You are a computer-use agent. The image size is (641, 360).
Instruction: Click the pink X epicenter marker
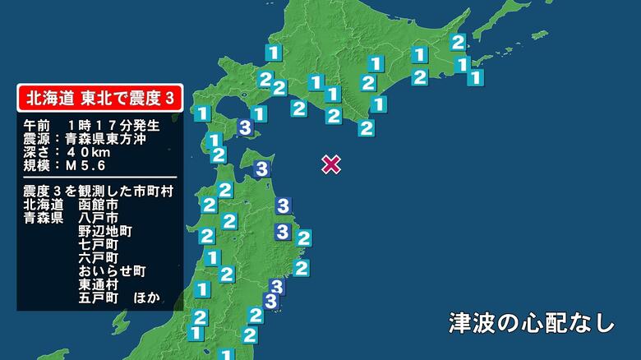click(330, 164)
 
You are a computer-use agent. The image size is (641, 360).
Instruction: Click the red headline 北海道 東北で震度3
click(100, 98)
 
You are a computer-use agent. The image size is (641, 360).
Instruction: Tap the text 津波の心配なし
click(532, 322)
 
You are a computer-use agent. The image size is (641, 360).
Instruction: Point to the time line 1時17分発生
click(113, 126)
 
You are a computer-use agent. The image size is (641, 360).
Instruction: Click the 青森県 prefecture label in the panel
click(44, 218)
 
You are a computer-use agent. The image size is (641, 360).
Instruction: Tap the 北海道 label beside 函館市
click(44, 205)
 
